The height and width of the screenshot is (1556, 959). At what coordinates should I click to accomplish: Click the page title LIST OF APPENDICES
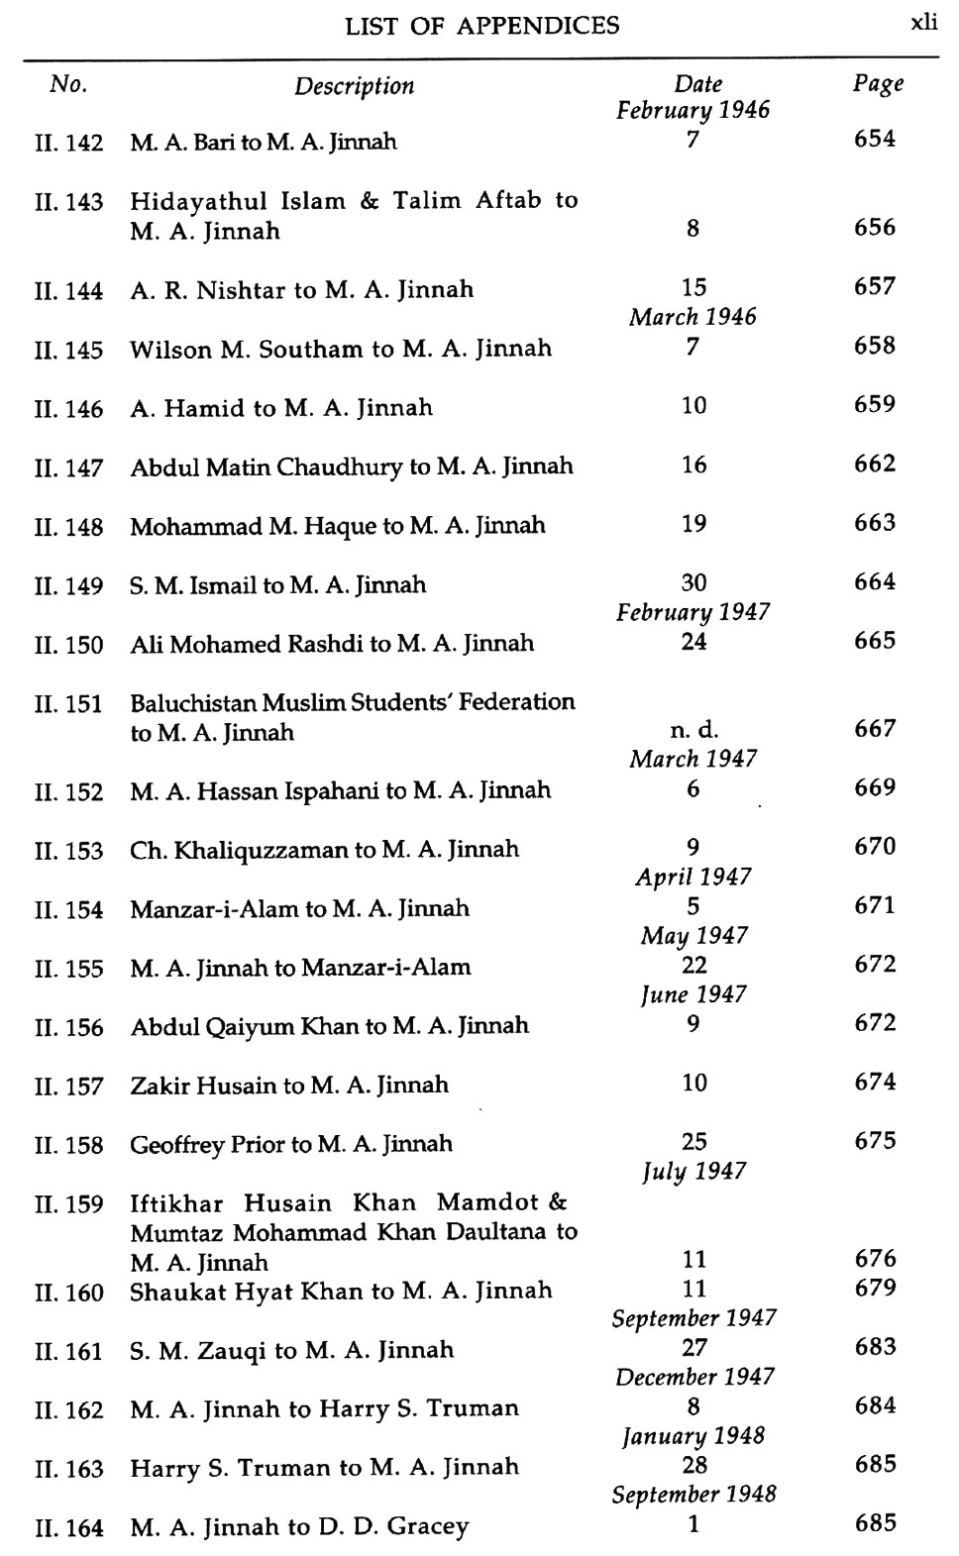point(481,26)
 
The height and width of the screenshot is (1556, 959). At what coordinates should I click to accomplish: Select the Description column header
point(354,86)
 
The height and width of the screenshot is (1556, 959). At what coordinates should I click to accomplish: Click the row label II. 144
point(68,291)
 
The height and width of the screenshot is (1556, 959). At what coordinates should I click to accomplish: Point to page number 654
point(875,140)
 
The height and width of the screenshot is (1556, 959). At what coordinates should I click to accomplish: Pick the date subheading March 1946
point(693,317)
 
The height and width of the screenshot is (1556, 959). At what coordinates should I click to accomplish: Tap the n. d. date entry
point(693,730)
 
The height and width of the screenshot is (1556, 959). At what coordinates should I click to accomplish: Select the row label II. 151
point(68,704)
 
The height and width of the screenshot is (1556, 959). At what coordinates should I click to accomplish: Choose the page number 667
point(875,730)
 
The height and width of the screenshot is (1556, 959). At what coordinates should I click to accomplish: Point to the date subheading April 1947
point(693,877)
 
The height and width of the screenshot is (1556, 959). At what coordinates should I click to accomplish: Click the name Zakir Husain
point(204,1086)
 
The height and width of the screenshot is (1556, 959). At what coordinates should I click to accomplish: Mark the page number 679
point(875,1289)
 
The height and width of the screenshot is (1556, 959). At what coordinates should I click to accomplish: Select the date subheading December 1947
point(693,1377)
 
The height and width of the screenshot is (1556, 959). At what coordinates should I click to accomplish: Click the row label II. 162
point(68,1410)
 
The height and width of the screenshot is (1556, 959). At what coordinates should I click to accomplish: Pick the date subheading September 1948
point(693,1494)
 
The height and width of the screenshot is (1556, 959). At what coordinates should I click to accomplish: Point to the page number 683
point(875,1347)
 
